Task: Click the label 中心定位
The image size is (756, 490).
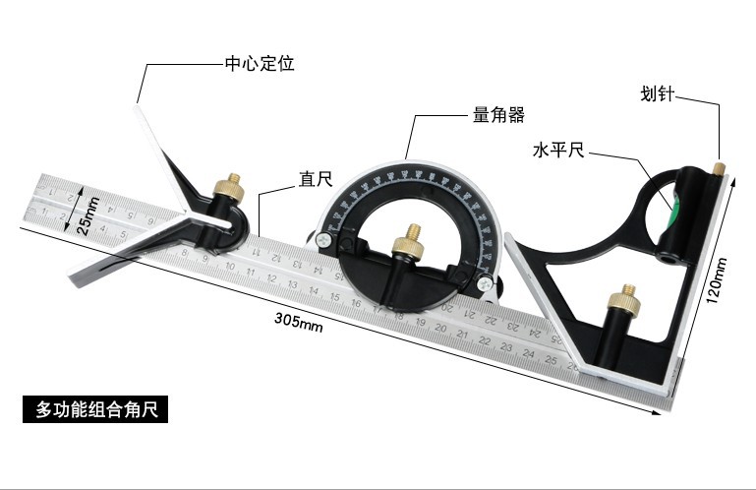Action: (260, 64)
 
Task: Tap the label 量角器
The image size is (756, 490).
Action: (494, 115)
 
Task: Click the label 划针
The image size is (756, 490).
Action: (660, 96)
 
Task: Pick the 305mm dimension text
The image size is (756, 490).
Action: (299, 322)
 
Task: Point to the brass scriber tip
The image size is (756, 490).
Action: (720, 169)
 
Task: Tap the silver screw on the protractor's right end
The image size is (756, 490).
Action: (485, 282)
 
